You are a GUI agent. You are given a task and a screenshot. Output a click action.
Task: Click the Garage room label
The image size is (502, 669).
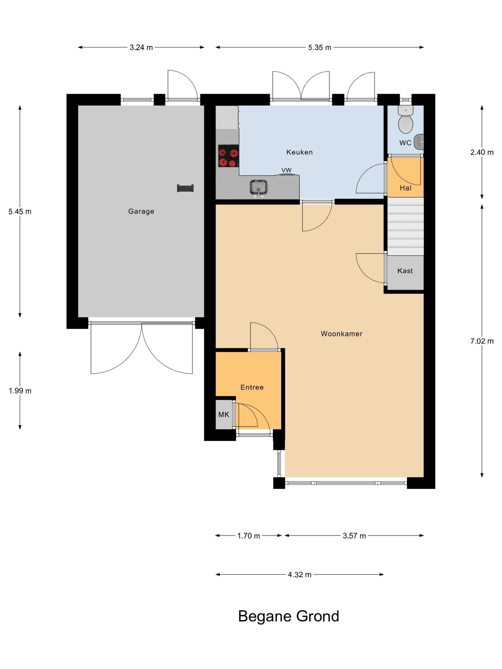(x=141, y=211)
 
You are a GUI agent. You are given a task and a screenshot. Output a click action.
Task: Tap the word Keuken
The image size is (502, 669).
(x=300, y=152)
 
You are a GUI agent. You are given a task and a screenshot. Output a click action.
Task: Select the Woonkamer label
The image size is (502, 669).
(x=342, y=334)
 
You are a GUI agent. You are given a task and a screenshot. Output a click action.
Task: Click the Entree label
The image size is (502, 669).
(x=252, y=387)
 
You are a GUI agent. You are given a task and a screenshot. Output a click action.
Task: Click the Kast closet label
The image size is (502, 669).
(x=405, y=271)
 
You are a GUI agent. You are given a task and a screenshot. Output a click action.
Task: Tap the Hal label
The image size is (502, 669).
(x=405, y=188)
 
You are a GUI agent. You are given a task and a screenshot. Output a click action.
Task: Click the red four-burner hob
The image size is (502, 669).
(x=229, y=156)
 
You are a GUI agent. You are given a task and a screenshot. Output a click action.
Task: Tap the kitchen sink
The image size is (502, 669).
(x=258, y=188)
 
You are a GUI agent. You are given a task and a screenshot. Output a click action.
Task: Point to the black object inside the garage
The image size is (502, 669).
(x=185, y=188)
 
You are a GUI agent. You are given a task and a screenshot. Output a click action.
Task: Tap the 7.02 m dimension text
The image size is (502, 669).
(x=482, y=341)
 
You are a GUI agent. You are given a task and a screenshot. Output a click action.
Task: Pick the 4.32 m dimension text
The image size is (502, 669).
(x=300, y=575)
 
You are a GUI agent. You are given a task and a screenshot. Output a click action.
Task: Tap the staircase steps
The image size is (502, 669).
(x=405, y=227)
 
